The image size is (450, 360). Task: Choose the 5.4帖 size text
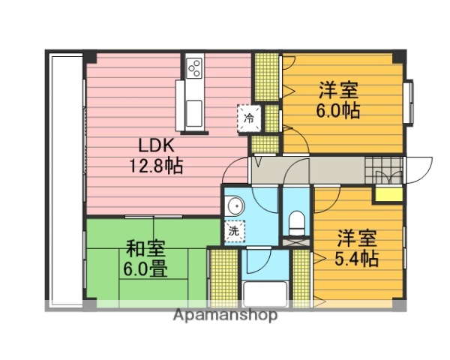(x=356, y=259)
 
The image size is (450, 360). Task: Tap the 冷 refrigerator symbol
(x=250, y=117)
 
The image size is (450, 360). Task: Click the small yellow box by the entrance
(x=388, y=194)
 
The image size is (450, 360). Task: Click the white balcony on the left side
(x=64, y=180)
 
